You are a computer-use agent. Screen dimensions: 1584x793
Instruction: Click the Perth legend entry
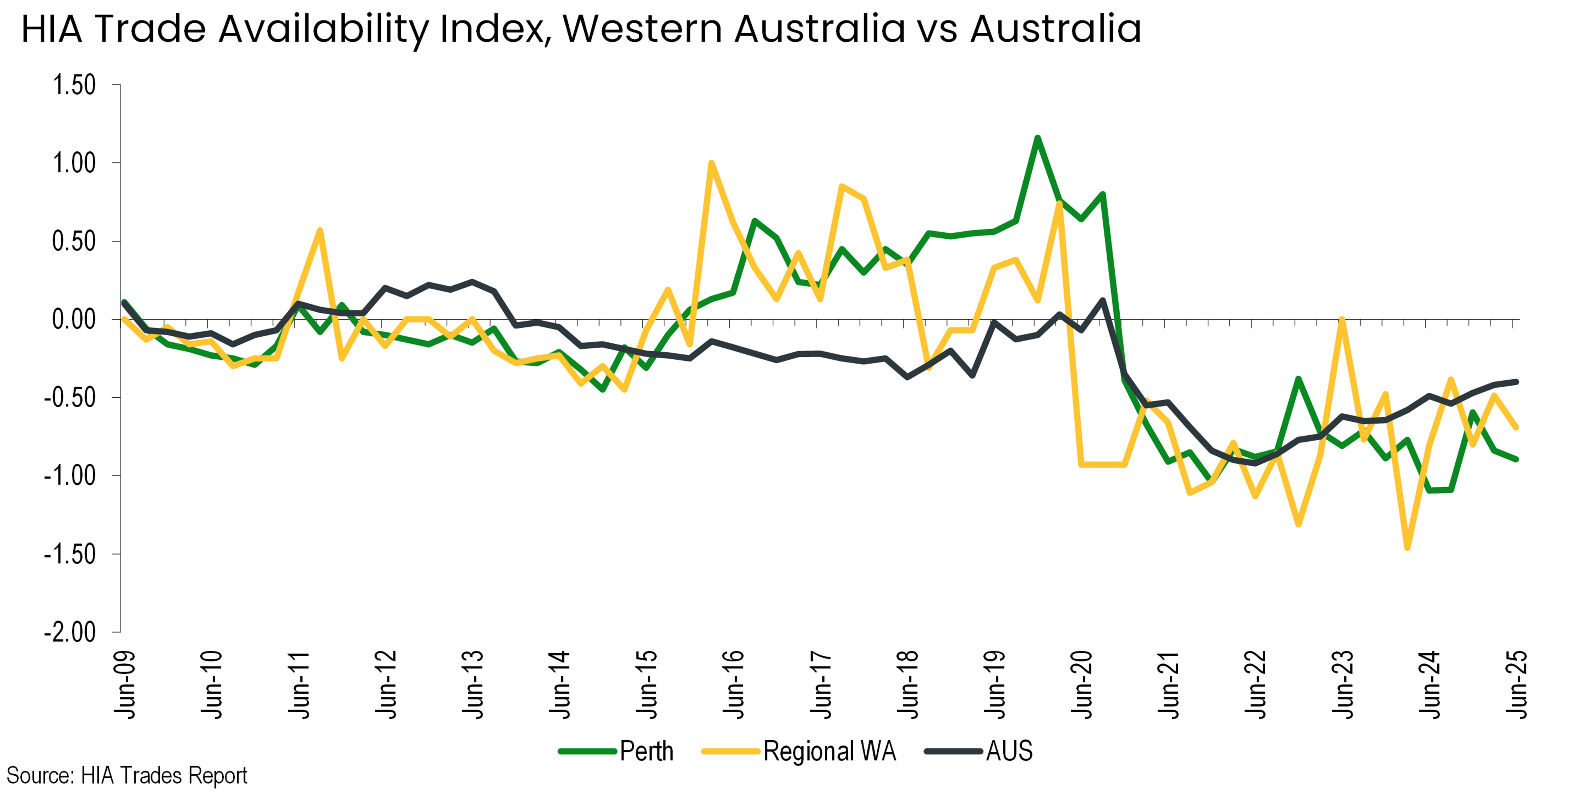coord(616,751)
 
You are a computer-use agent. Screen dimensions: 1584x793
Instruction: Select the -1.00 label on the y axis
coord(69,476)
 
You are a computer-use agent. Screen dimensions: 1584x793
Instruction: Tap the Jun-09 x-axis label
coord(125,684)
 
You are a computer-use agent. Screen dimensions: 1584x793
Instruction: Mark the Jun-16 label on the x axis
coord(733,684)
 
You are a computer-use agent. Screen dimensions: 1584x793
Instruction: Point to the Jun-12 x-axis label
coord(385,684)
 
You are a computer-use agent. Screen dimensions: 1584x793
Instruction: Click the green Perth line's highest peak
coord(1037,138)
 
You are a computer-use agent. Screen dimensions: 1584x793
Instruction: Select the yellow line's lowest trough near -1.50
coord(1408,547)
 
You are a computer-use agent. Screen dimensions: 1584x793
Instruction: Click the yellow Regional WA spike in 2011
coord(320,230)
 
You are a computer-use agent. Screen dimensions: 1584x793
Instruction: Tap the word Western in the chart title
coord(642,29)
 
